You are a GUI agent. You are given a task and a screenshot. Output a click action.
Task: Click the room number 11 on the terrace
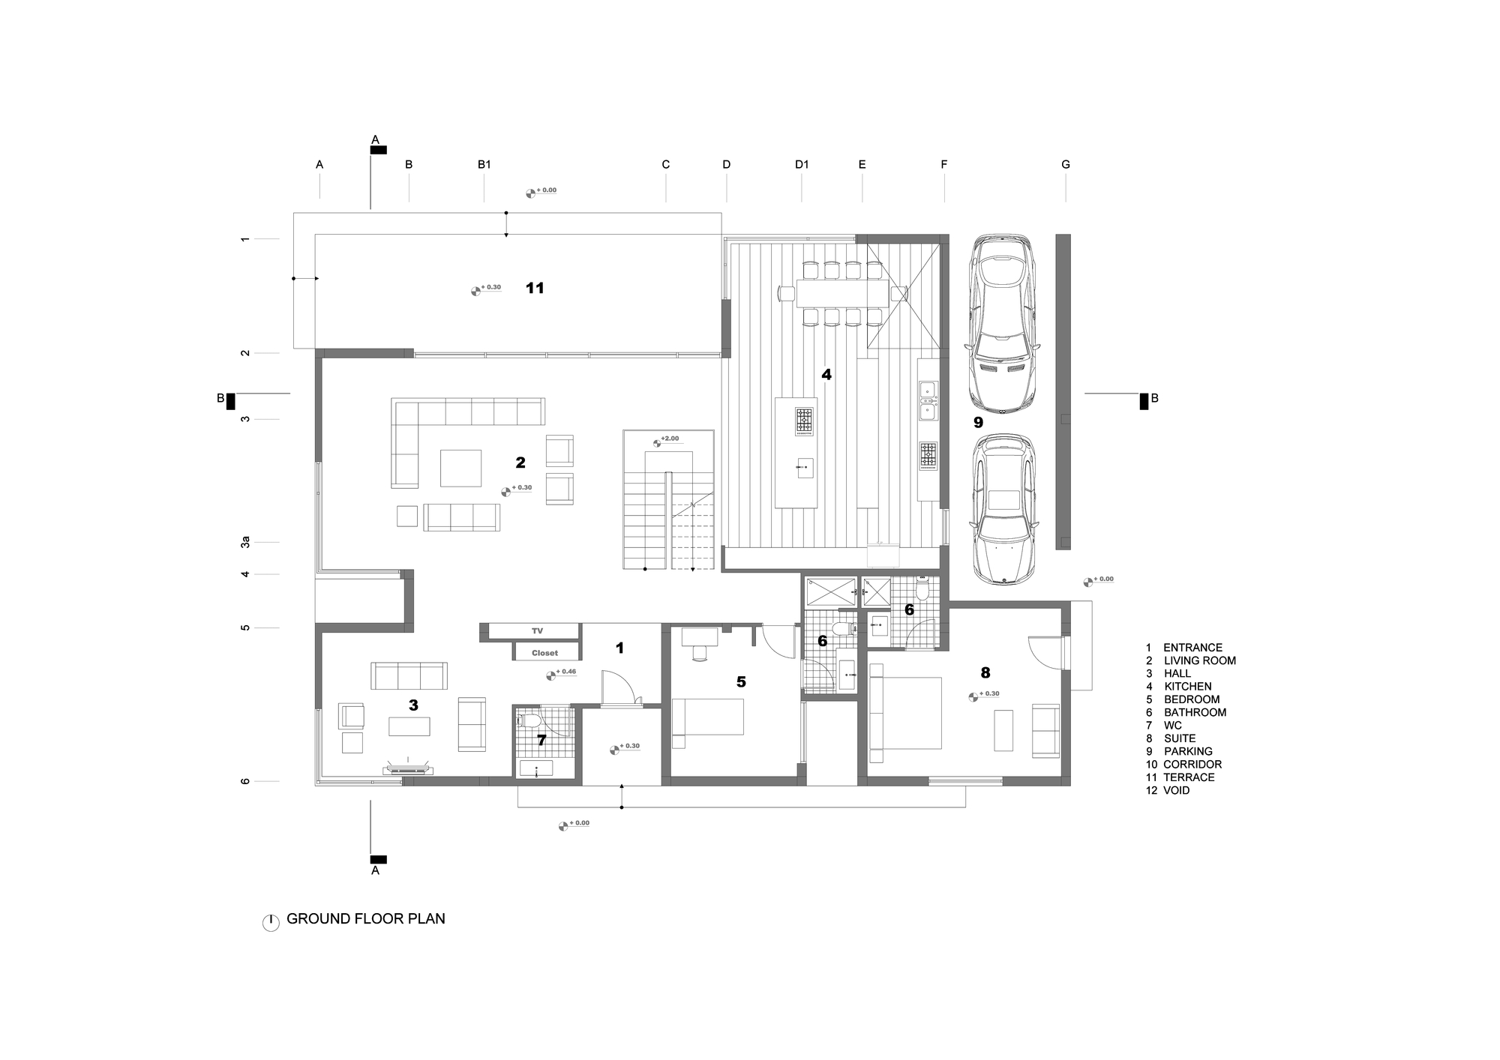[535, 288]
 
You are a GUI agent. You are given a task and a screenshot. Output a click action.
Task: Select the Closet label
[545, 653]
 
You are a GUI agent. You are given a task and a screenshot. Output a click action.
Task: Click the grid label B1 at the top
[484, 164]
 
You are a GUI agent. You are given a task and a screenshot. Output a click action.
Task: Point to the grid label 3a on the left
[245, 542]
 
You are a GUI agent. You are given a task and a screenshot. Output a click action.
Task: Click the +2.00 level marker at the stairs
[665, 440]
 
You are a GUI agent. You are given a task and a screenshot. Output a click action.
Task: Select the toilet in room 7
[528, 721]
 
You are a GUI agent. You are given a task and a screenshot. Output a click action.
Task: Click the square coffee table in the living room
[460, 469]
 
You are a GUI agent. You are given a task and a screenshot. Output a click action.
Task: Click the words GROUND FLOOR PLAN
[366, 918]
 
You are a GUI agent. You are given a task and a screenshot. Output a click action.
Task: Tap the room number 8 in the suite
[985, 673]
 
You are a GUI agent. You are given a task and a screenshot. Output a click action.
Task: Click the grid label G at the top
[1066, 164]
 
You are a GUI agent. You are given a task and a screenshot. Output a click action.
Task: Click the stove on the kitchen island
[804, 421]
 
